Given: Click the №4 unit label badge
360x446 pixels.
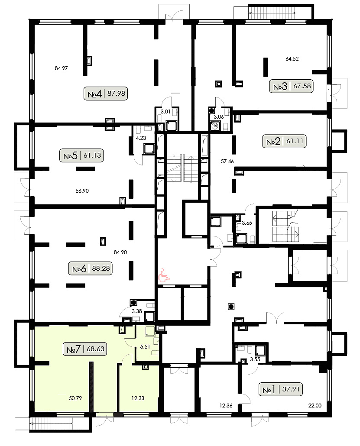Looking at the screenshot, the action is tap(106, 94).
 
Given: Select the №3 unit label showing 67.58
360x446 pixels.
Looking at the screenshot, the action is tap(292, 86).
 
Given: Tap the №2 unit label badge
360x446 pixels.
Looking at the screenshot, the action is tap(284, 141).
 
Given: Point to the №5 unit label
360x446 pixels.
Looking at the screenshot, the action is tap(81, 155).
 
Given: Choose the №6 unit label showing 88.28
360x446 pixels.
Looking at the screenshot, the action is tap(91, 268).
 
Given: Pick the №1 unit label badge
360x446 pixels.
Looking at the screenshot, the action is tap(281, 389).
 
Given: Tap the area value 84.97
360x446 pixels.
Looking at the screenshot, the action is tap(61, 68).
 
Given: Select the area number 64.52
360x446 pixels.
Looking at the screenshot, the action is tap(292, 59).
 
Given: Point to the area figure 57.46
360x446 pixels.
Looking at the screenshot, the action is tap(227, 162).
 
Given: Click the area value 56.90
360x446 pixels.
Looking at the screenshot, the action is tap(82, 191).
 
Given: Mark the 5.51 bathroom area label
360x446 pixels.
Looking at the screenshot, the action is tap(145, 347).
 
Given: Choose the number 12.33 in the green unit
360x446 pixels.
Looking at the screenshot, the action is tap(138, 398).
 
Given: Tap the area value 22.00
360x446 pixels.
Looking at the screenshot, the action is tap(315, 406).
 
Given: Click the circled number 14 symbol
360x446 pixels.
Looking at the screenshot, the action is tap(215, 126).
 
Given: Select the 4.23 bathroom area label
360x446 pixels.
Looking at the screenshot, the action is tap(141, 138).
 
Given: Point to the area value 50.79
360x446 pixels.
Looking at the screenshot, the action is tap(75, 398).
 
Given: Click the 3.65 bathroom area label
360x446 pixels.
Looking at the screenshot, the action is tap(247, 223).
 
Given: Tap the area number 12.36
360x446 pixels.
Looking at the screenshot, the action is tap(226, 406).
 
